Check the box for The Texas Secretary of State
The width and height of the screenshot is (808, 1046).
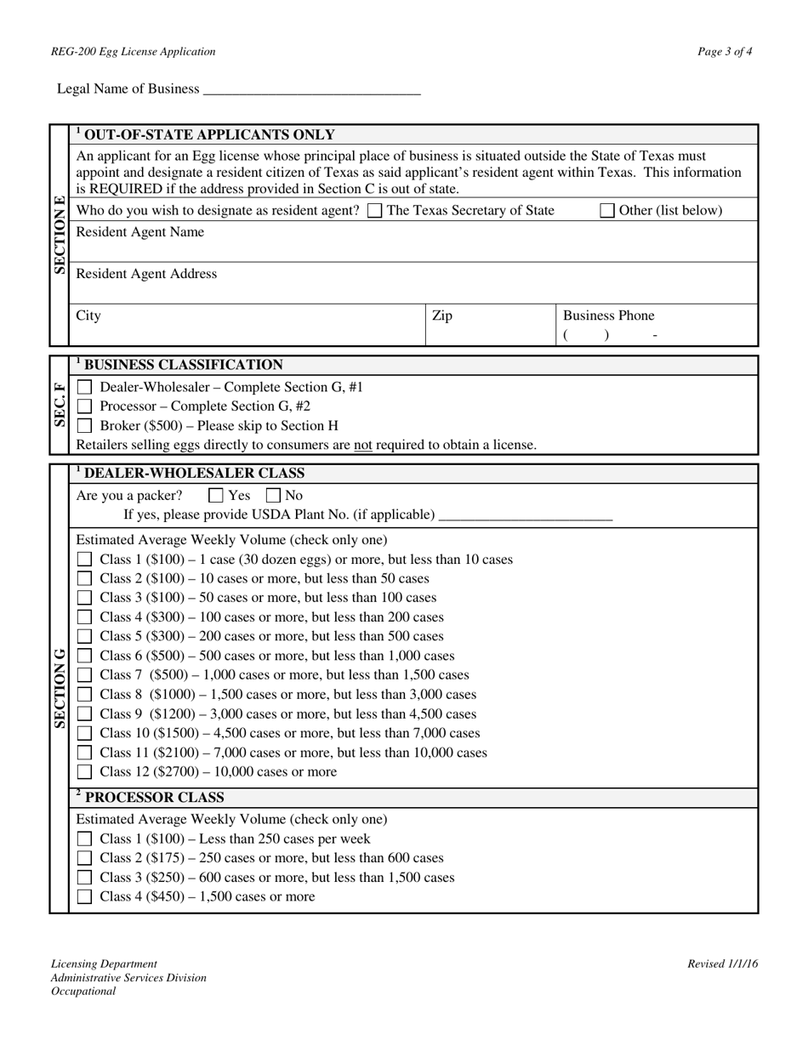[x=375, y=211]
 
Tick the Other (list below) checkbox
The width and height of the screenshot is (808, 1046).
[x=607, y=211]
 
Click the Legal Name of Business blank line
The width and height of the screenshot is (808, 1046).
[x=312, y=90]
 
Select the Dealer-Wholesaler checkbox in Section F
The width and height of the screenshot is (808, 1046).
[x=85, y=388]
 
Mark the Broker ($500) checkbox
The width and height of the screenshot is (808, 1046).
[x=85, y=426]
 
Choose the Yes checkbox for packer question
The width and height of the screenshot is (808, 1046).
[x=216, y=496]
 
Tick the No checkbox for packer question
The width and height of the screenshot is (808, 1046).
[x=274, y=496]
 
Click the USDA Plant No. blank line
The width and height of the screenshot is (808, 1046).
[x=525, y=515]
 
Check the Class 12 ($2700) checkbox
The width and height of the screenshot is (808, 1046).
[x=85, y=773]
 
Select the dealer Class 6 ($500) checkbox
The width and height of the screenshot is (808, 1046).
[x=85, y=657]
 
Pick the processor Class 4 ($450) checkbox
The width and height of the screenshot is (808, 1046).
[x=85, y=897]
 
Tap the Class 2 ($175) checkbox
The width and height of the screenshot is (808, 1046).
[x=85, y=859]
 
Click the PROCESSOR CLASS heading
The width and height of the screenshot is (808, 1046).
[x=154, y=798]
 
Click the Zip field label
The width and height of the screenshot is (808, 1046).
[x=442, y=316]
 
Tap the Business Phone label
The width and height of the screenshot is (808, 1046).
[x=609, y=316]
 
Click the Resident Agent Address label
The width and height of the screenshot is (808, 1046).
[x=146, y=274]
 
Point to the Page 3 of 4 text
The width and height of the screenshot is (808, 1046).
[x=725, y=52]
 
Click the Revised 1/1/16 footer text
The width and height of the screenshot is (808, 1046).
[x=722, y=964]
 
